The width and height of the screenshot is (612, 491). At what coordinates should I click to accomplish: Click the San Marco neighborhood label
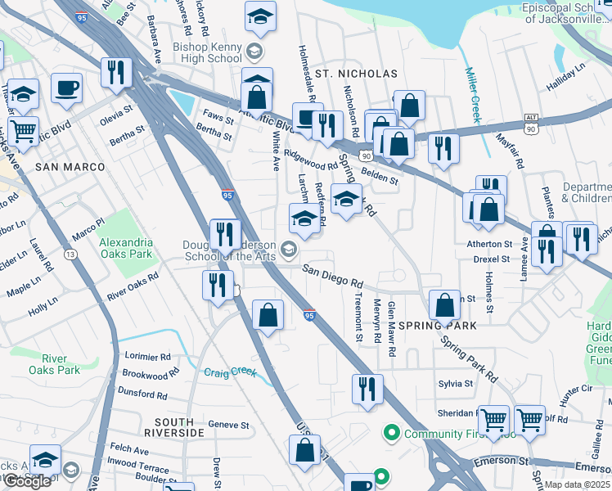pyautogui.click(x=70, y=166)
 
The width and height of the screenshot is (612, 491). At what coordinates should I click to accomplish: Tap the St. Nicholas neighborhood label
pyautogui.click(x=356, y=74)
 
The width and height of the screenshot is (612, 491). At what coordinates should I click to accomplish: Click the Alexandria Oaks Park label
pyautogui.click(x=125, y=248)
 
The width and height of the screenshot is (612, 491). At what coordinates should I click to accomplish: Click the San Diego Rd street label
pyautogui.click(x=332, y=275)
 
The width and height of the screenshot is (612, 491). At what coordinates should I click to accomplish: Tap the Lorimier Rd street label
pyautogui.click(x=147, y=357)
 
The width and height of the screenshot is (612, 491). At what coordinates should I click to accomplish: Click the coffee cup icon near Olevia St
pyautogui.click(x=66, y=87)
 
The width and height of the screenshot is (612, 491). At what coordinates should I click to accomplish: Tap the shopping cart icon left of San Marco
pyautogui.click(x=24, y=129)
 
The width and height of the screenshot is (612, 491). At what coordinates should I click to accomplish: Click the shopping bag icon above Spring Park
pyautogui.click(x=443, y=304)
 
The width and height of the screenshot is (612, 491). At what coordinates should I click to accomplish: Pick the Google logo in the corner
pyautogui.click(x=27, y=481)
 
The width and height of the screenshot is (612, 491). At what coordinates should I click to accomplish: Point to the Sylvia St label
pyautogui.click(x=456, y=383)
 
